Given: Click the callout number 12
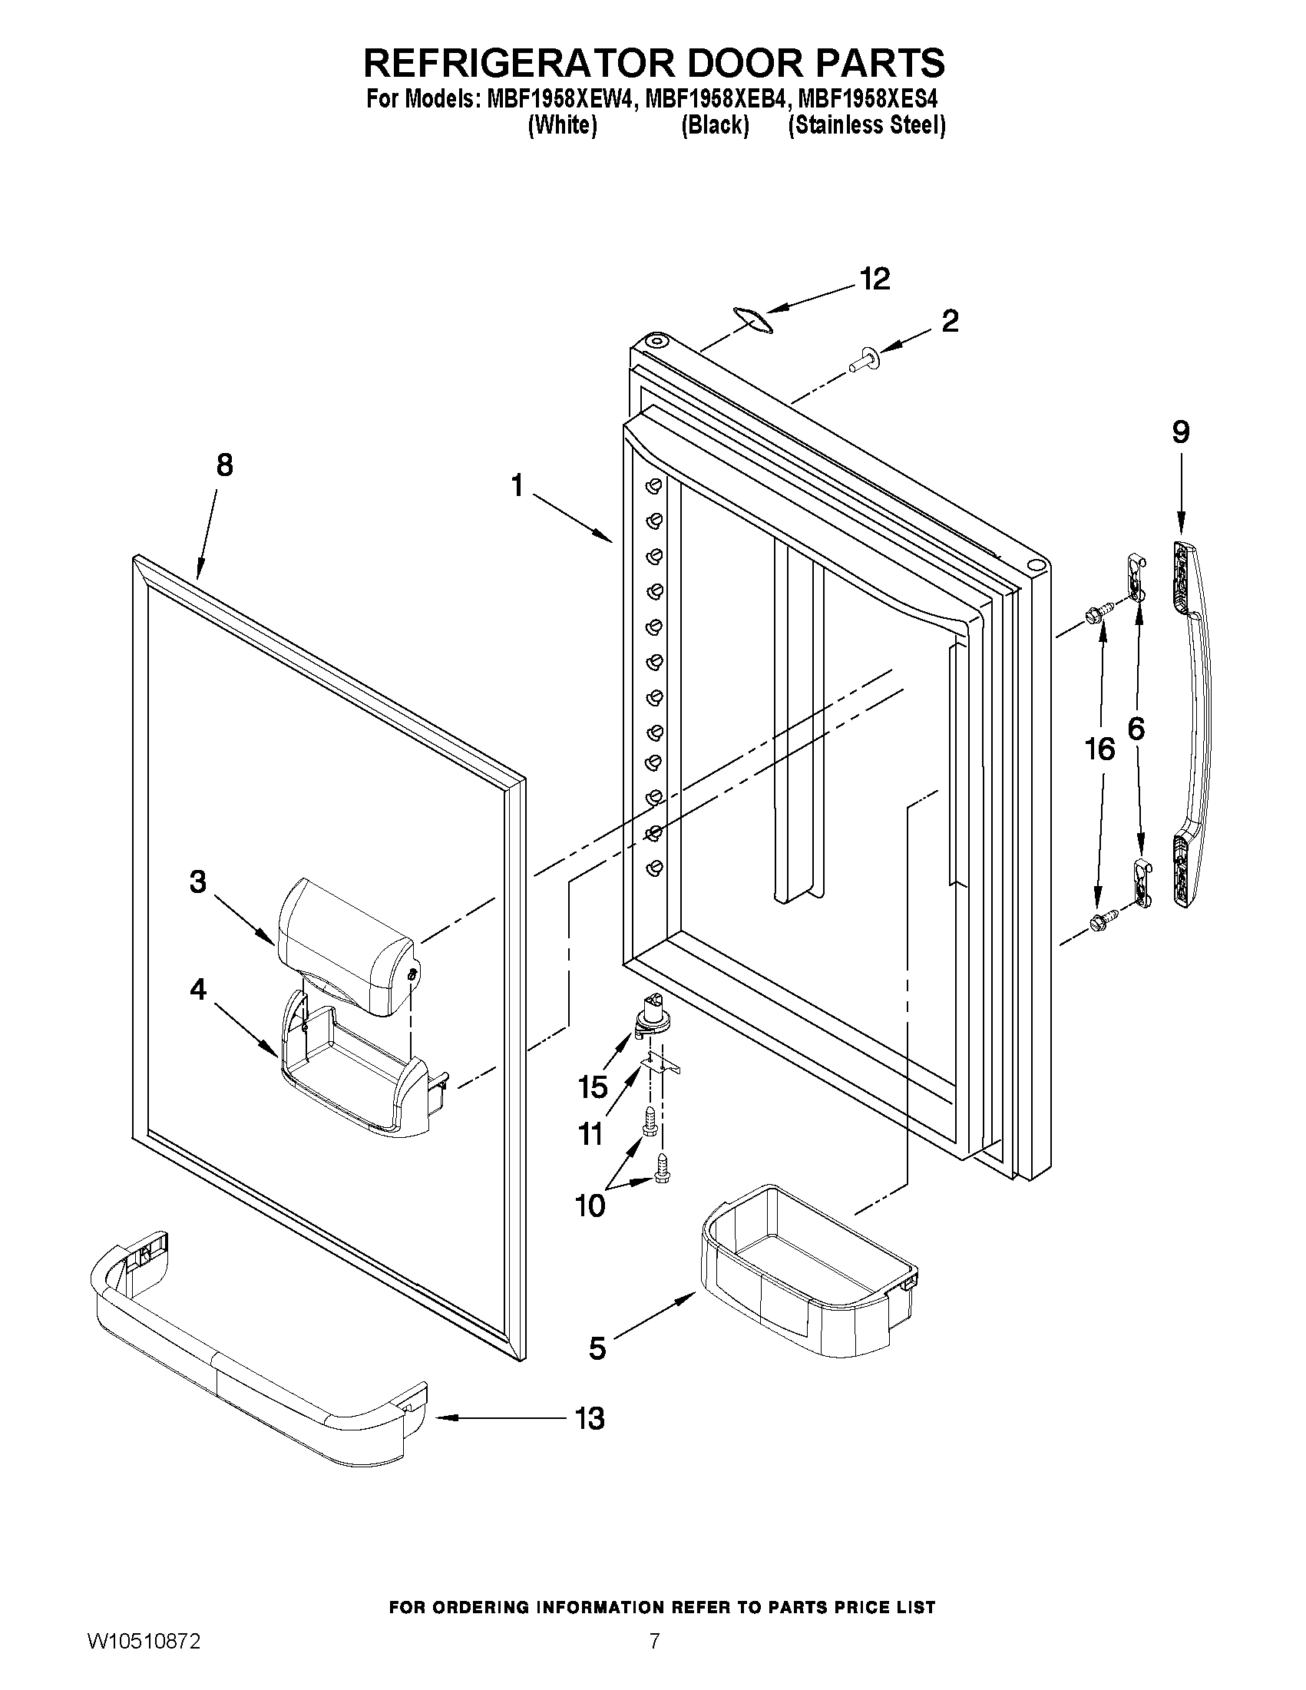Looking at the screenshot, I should click(x=875, y=279).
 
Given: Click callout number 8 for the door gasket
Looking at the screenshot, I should click(x=223, y=466).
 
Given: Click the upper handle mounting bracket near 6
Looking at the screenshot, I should click(x=1133, y=577).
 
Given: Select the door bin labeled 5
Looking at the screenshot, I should click(x=808, y=1268).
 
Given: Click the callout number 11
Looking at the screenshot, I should click(x=590, y=1134).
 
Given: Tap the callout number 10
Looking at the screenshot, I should click(x=590, y=1205).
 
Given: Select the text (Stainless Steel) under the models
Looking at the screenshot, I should click(x=867, y=124).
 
